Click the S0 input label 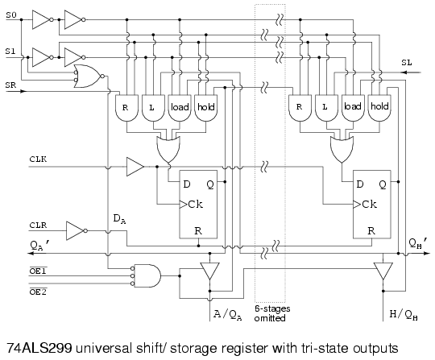coord(11,15)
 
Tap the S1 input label coord(10,52)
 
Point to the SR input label coord(10,85)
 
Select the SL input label coord(407,63)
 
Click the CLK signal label coord(38,159)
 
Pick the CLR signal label coord(38,226)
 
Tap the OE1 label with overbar coord(38,271)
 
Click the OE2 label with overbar coord(38,292)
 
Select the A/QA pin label coord(227,315)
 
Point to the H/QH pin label coord(404,315)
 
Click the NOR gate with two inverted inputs coord(89,77)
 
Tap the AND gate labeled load coord(180,109)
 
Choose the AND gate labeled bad coord(353,109)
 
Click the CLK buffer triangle coord(135,167)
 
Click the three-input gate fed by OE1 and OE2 coord(146,276)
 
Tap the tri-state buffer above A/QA coord(209,271)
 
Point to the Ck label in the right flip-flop coord(369,205)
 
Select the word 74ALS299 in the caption coord(39,348)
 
